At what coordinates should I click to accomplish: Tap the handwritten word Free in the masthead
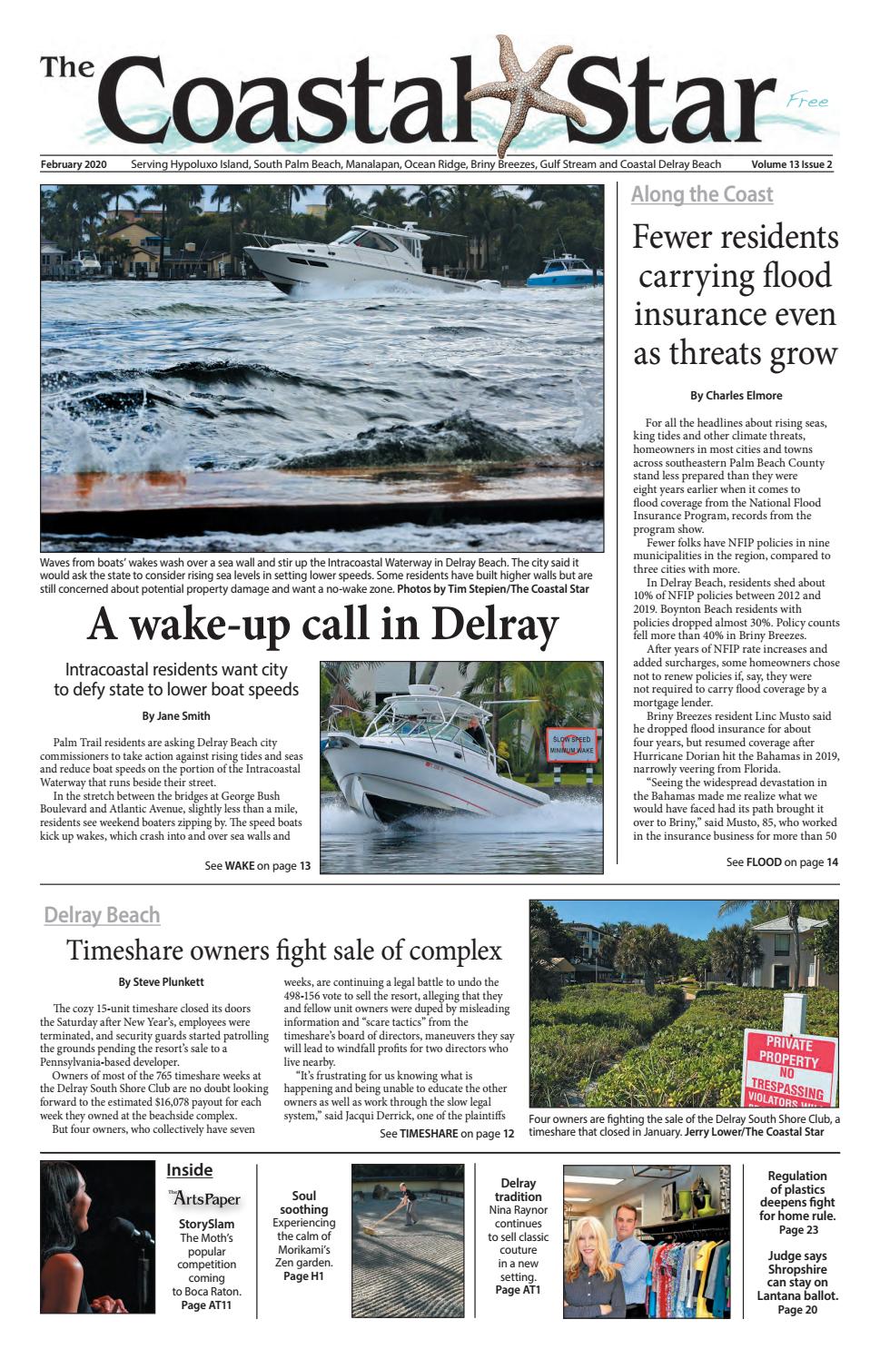[807, 103]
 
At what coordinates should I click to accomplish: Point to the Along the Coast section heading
[702, 194]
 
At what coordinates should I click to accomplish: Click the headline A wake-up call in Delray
[321, 625]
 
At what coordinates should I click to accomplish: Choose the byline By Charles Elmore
[736, 395]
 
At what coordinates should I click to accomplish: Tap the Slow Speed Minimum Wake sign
[570, 746]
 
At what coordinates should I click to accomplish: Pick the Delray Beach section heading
[102, 915]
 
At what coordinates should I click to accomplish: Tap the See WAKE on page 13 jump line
[258, 866]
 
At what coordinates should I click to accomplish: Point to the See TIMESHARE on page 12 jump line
[447, 1134]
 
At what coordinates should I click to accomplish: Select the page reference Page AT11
[206, 1305]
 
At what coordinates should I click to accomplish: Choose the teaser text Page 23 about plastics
[797, 1229]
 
